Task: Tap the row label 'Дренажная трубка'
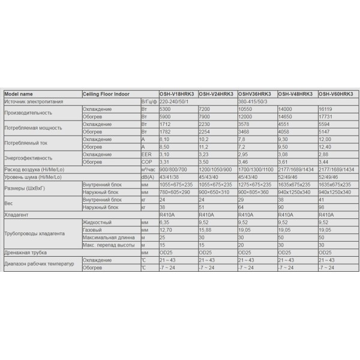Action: point(25,253)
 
